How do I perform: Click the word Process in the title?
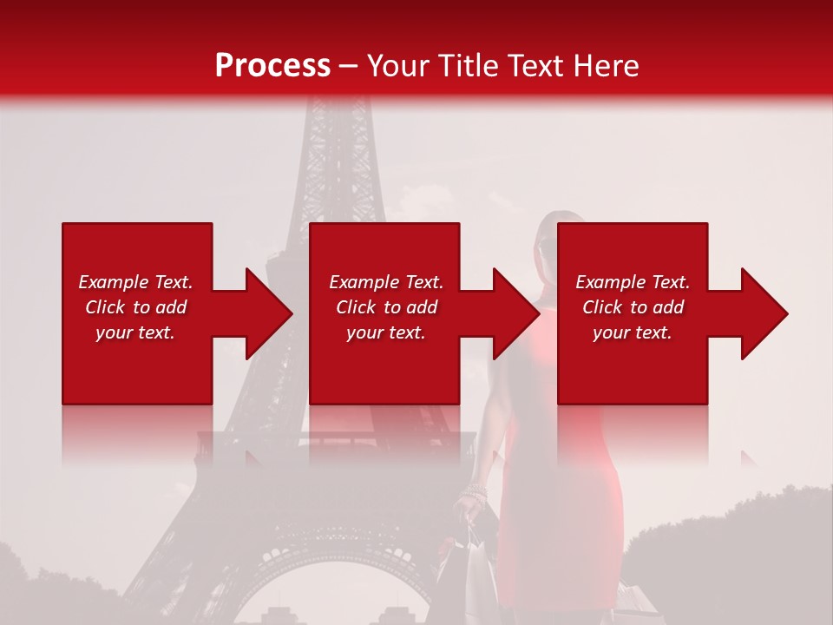[272, 65]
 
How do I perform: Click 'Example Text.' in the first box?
[135, 282]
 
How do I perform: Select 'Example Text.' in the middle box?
[385, 282]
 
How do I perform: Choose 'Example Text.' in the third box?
[633, 282]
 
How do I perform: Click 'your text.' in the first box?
[135, 332]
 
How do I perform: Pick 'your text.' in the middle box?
[385, 332]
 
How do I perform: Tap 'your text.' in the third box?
[633, 332]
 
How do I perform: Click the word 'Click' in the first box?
[106, 307]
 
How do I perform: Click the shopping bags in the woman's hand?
[469, 564]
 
